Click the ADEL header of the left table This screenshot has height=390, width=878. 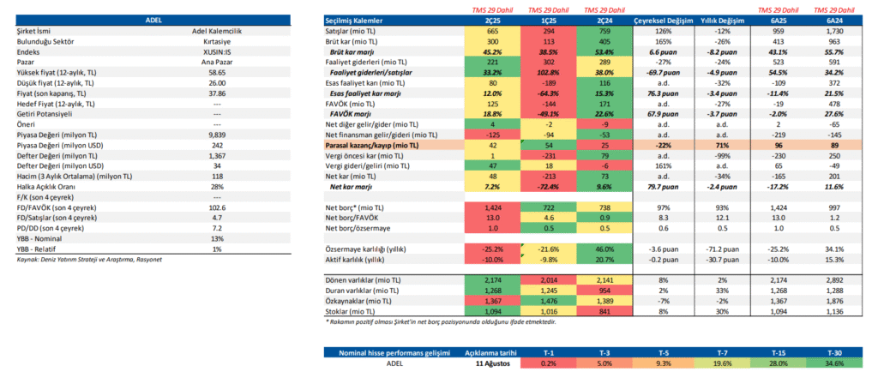(155, 19)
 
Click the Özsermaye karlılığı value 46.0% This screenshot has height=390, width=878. (603, 249)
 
